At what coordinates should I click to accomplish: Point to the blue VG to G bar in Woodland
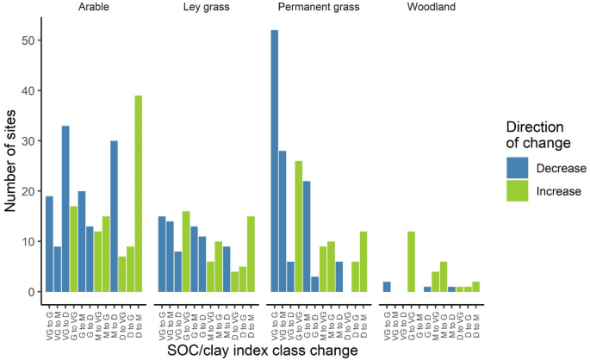[x=387, y=287]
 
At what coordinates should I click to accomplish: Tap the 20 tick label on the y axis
[x=28, y=191]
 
